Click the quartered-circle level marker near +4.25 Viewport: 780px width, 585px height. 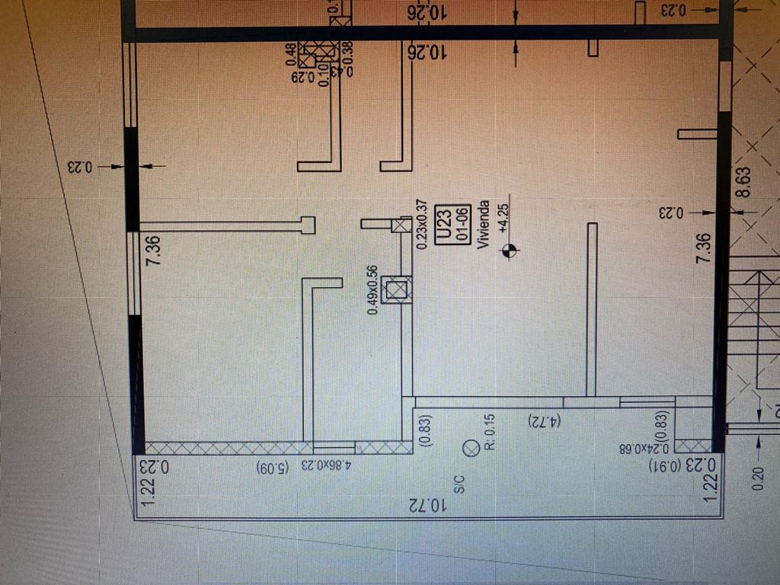[510, 250]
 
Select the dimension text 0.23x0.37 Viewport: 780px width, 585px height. [422, 224]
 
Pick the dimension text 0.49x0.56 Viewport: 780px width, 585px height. [372, 290]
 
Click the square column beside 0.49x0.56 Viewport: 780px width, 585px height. [396, 289]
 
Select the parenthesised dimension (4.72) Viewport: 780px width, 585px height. [544, 420]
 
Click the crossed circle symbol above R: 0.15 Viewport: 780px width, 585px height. [471, 449]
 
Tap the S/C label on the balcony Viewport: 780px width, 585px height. [459, 484]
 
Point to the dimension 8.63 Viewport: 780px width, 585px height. [743, 183]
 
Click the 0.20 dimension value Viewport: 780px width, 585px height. [758, 476]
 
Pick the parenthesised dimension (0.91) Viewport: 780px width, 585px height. [664, 465]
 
